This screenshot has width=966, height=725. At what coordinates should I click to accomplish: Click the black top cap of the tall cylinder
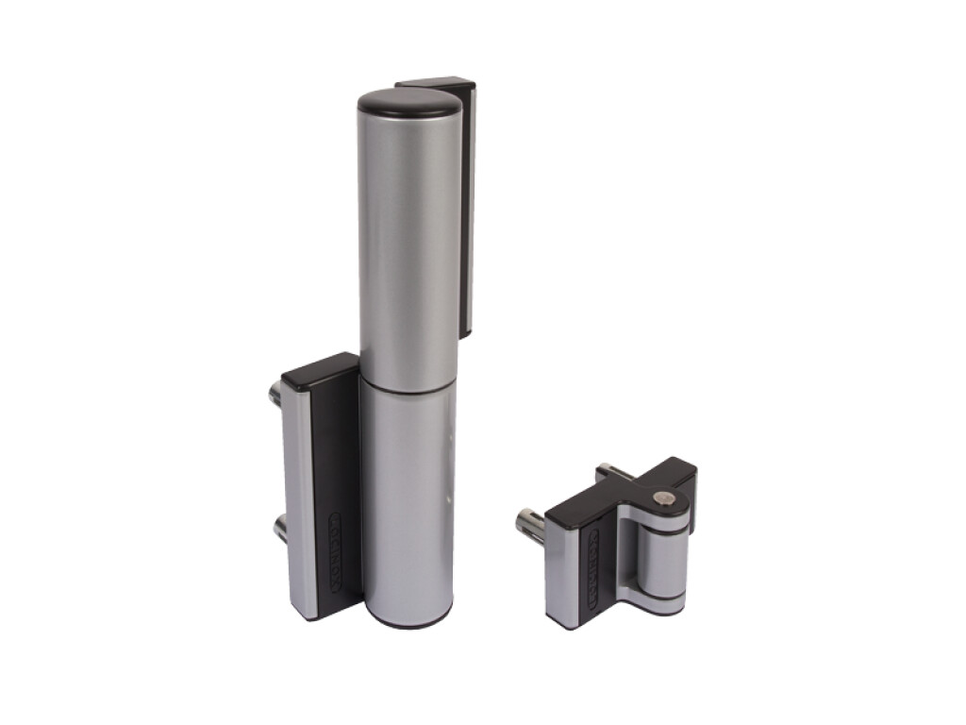(x=408, y=102)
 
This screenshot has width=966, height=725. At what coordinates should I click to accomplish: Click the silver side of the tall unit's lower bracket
(x=300, y=500)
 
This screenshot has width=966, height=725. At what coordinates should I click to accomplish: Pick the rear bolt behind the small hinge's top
(x=614, y=471)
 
